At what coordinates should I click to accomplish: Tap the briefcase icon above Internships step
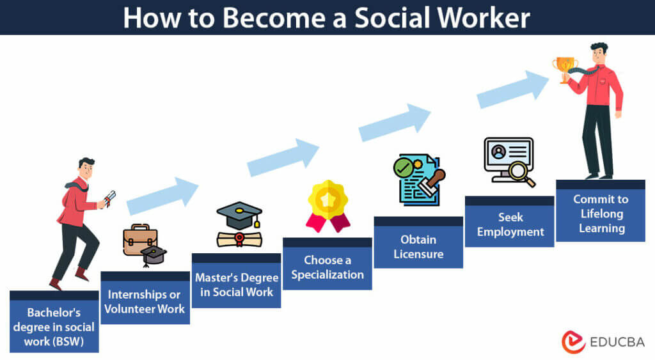[139, 240]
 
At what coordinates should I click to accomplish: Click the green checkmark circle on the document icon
[404, 168]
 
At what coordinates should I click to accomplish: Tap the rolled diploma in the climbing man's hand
[109, 198]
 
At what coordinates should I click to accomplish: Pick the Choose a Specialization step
[327, 267]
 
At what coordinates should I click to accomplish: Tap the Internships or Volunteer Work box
[145, 302]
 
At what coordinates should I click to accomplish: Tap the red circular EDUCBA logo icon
[573, 341]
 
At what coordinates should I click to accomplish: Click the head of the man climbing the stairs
[86, 169]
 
